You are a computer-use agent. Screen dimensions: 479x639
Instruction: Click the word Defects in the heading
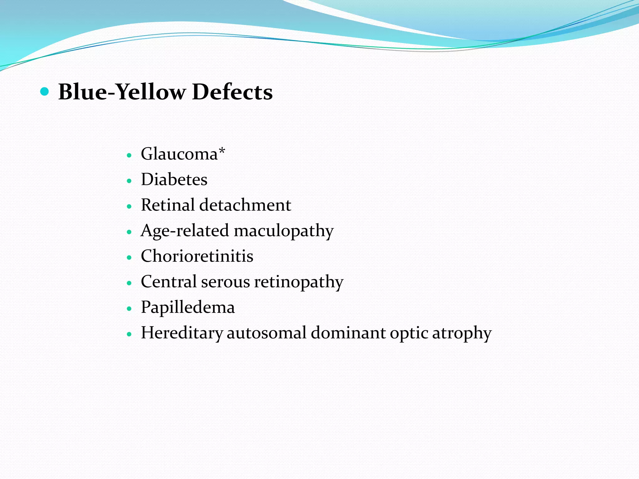[x=232, y=92]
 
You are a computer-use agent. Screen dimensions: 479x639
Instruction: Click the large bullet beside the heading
[x=45, y=92]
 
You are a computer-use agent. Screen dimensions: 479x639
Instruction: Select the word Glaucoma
[x=179, y=154]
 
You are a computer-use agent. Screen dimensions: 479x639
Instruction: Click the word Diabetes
[x=174, y=180]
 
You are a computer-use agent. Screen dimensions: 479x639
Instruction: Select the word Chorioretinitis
[x=197, y=256]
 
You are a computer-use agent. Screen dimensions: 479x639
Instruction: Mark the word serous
[x=225, y=282]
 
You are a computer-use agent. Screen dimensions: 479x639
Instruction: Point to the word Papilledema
[x=188, y=307]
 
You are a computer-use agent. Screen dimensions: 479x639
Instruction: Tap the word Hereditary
[x=182, y=333]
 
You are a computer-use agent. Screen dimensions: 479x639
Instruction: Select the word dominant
[x=348, y=333]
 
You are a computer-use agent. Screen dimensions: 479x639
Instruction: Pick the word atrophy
[x=462, y=333]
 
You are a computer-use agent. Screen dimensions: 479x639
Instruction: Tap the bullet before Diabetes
[x=129, y=181]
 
